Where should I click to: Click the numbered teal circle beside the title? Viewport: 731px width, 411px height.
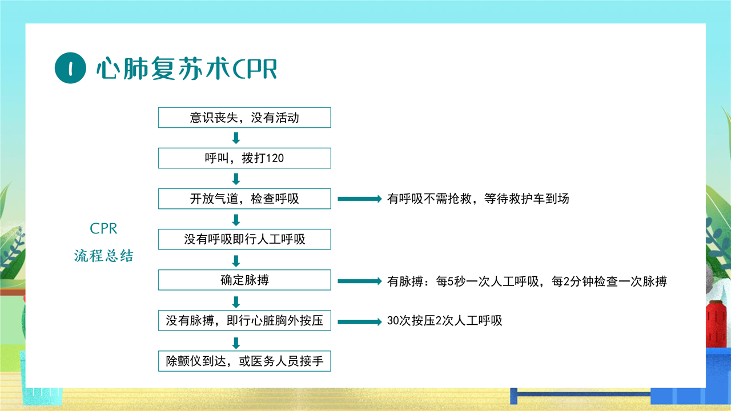point(70,68)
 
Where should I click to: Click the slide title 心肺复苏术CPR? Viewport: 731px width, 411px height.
point(187,68)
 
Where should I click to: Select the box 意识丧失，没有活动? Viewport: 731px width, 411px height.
point(244,118)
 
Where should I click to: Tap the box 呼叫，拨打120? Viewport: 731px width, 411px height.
point(244,158)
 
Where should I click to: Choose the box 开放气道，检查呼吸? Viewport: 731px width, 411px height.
point(244,199)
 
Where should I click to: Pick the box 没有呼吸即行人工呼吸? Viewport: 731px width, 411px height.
point(244,239)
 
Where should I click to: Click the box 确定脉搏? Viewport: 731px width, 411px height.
point(244,280)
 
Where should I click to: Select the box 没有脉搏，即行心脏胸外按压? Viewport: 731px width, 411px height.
point(244,321)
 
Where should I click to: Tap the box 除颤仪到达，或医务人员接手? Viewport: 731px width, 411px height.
point(244,361)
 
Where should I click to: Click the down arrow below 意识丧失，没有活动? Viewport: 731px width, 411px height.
point(236,138)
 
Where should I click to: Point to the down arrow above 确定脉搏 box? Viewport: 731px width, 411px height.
point(236,261)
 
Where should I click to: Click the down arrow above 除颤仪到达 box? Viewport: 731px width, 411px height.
point(236,343)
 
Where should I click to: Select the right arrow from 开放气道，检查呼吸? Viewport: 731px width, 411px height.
point(360,199)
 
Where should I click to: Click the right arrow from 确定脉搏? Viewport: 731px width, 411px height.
point(360,281)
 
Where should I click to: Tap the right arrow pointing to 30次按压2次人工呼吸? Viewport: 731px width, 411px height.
point(360,322)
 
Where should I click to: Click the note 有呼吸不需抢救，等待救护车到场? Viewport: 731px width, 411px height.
point(478,198)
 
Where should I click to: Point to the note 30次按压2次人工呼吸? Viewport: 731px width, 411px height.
point(444,321)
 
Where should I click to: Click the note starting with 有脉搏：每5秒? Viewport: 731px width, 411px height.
point(527,281)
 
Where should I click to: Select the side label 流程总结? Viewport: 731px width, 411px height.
point(103,256)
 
